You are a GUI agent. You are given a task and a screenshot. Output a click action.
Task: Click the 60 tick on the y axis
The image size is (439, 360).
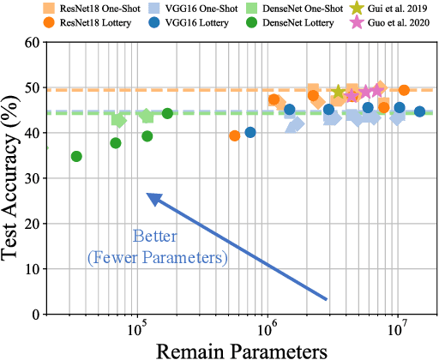(x=33, y=42)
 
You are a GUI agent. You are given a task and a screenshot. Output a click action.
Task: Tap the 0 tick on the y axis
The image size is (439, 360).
(x=38, y=315)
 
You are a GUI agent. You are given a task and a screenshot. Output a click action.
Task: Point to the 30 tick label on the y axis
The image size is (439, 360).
(x=33, y=178)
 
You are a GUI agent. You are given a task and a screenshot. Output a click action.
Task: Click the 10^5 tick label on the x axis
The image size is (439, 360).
(x=137, y=329)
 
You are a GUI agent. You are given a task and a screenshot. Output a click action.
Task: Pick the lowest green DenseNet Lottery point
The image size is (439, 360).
(x=76, y=156)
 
